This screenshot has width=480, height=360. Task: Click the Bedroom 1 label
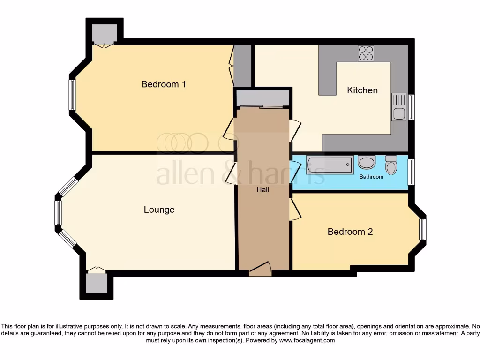click(x=164, y=84)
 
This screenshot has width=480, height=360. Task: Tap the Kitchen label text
click(x=362, y=90)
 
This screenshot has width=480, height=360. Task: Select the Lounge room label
click(x=159, y=210)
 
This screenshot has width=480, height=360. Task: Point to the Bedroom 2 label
click(x=350, y=232)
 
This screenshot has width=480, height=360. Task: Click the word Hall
click(x=262, y=190)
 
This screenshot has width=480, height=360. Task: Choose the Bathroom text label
click(x=371, y=177)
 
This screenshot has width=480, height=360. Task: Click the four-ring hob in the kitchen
click(x=366, y=53)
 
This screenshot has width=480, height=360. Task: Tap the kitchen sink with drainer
click(x=399, y=107)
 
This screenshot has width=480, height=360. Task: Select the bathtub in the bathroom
click(x=330, y=165)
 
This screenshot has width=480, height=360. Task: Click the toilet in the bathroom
click(x=391, y=165)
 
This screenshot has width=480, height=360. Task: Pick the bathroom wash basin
click(x=366, y=163)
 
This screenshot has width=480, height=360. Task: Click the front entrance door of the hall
click(x=260, y=270)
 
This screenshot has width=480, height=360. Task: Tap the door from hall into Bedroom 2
click(x=294, y=209)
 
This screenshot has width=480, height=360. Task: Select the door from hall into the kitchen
click(x=295, y=131)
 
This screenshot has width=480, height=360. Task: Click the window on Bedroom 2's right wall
click(x=423, y=229)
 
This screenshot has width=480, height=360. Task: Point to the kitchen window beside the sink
click(x=411, y=107)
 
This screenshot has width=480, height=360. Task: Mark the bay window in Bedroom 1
click(x=72, y=95)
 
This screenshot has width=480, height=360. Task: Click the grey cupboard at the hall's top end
click(x=262, y=98)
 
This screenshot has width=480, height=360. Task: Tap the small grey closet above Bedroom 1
click(x=104, y=33)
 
